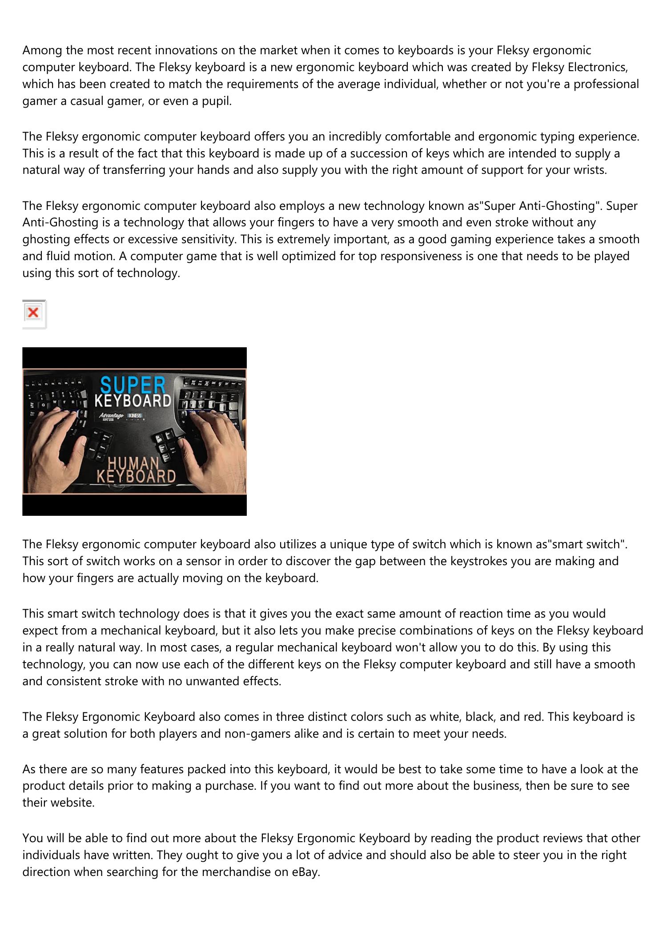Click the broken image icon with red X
coord(33,313)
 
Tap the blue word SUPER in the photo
coord(133,386)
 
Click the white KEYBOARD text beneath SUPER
coord(133,401)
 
